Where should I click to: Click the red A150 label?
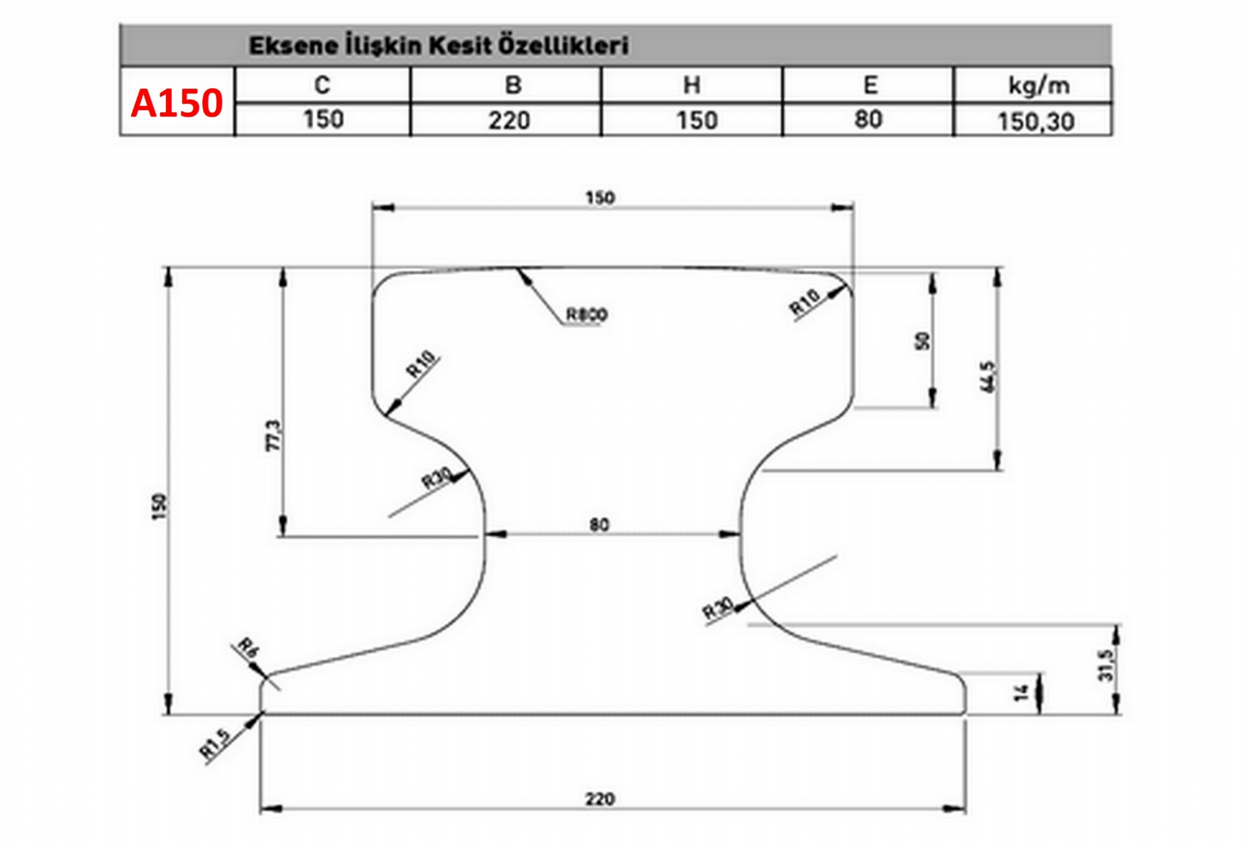(176, 103)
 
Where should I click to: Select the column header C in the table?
(322, 85)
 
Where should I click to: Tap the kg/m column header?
(1039, 86)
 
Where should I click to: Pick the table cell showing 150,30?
(1036, 121)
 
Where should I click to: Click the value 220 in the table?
(509, 121)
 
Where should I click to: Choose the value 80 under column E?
(868, 119)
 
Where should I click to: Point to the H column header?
(692, 85)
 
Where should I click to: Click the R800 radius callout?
(587, 315)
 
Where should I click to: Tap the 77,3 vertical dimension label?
(274, 436)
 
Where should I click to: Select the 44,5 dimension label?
(988, 377)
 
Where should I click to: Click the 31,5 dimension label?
(1106, 665)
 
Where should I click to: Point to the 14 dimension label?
(1021, 692)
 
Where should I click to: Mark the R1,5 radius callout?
(215, 744)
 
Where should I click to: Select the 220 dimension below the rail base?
(600, 799)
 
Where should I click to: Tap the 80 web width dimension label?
(599, 524)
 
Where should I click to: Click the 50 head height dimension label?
(921, 341)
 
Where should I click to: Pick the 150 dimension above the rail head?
(600, 198)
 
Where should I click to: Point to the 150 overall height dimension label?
(159, 506)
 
